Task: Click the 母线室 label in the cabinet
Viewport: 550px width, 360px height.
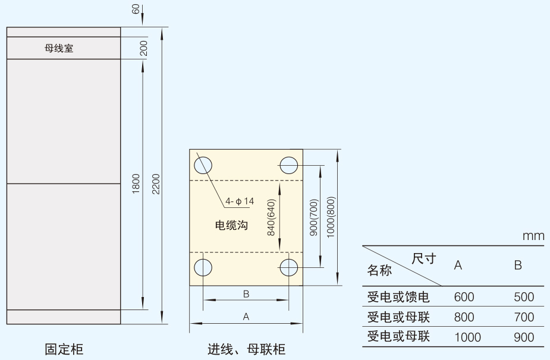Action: point(59,49)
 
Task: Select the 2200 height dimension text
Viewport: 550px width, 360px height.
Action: point(156,184)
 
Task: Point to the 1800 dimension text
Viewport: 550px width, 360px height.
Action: point(136,184)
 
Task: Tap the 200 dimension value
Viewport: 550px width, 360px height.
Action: point(144,49)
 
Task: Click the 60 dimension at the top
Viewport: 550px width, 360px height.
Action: point(136,10)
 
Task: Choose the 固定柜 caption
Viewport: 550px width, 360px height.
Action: point(64,349)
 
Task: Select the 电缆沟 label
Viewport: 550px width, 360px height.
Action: point(231,225)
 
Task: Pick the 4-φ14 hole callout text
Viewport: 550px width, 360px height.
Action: point(240,201)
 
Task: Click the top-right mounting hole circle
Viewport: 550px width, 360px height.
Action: point(290,165)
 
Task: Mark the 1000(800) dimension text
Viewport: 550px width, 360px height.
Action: point(331,217)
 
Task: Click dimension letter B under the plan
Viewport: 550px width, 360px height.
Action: point(246,293)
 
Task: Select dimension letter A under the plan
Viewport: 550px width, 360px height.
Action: point(246,317)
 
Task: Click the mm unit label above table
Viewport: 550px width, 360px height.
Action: point(533,236)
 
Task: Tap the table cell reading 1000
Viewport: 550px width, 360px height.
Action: point(467,337)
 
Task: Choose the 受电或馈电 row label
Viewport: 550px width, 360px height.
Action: point(398,297)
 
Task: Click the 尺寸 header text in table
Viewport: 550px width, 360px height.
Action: point(424,258)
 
